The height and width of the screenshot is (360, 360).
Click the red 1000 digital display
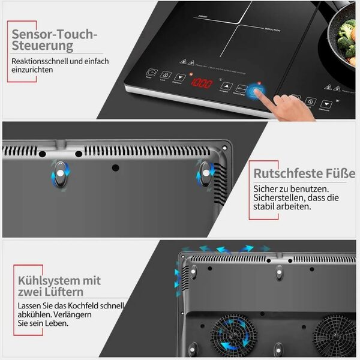point(201,83)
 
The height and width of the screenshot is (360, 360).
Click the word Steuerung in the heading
point(43,46)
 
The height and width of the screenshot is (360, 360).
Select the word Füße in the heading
point(341,175)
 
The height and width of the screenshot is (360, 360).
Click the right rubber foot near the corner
point(206,174)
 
